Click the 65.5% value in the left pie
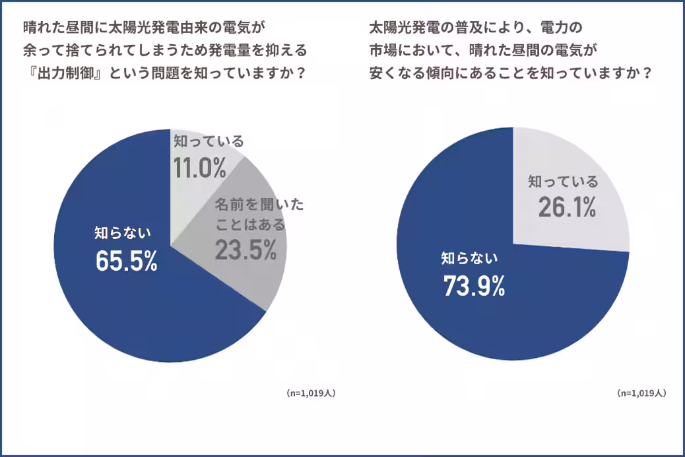click(127, 261)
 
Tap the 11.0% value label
click(199, 168)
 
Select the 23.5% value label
click(245, 250)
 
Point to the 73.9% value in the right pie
click(474, 285)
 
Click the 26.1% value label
click(566, 207)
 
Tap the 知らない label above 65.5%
click(123, 232)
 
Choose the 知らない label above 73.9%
click(469, 258)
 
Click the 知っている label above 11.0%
click(209, 141)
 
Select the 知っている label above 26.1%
click(563, 181)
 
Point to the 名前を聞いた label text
click(259, 205)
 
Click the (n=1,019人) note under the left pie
click(311, 392)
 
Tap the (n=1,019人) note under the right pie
click(641, 393)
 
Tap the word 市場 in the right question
click(381, 50)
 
